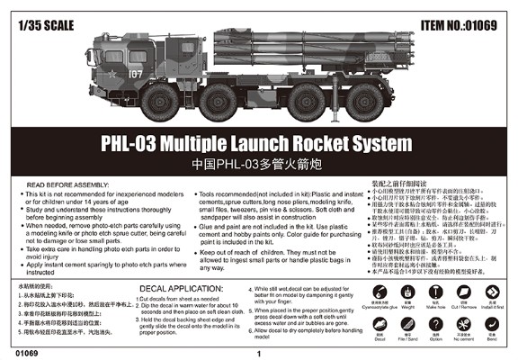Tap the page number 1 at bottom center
click(x=259, y=352)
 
